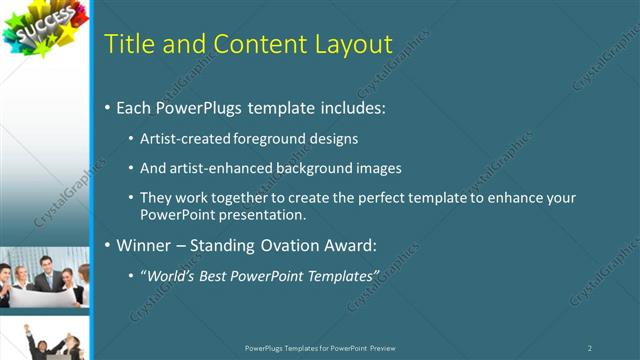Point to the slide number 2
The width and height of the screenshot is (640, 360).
coord(590,348)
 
